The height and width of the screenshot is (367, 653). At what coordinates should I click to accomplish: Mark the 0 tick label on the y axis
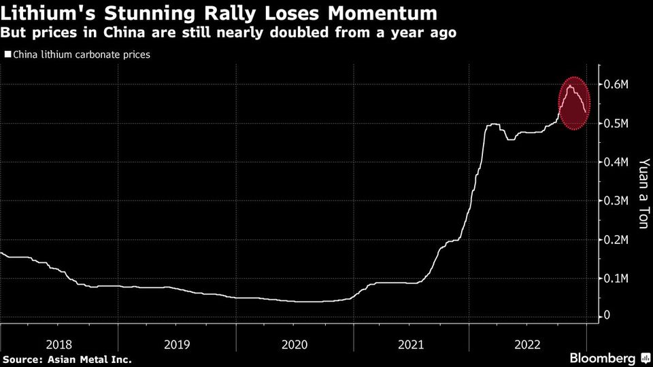pyautogui.click(x=606, y=316)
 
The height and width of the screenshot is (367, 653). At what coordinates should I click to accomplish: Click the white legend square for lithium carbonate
pyautogui.click(x=7, y=54)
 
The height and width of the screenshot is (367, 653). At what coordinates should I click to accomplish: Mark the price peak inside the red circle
pyautogui.click(x=569, y=86)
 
